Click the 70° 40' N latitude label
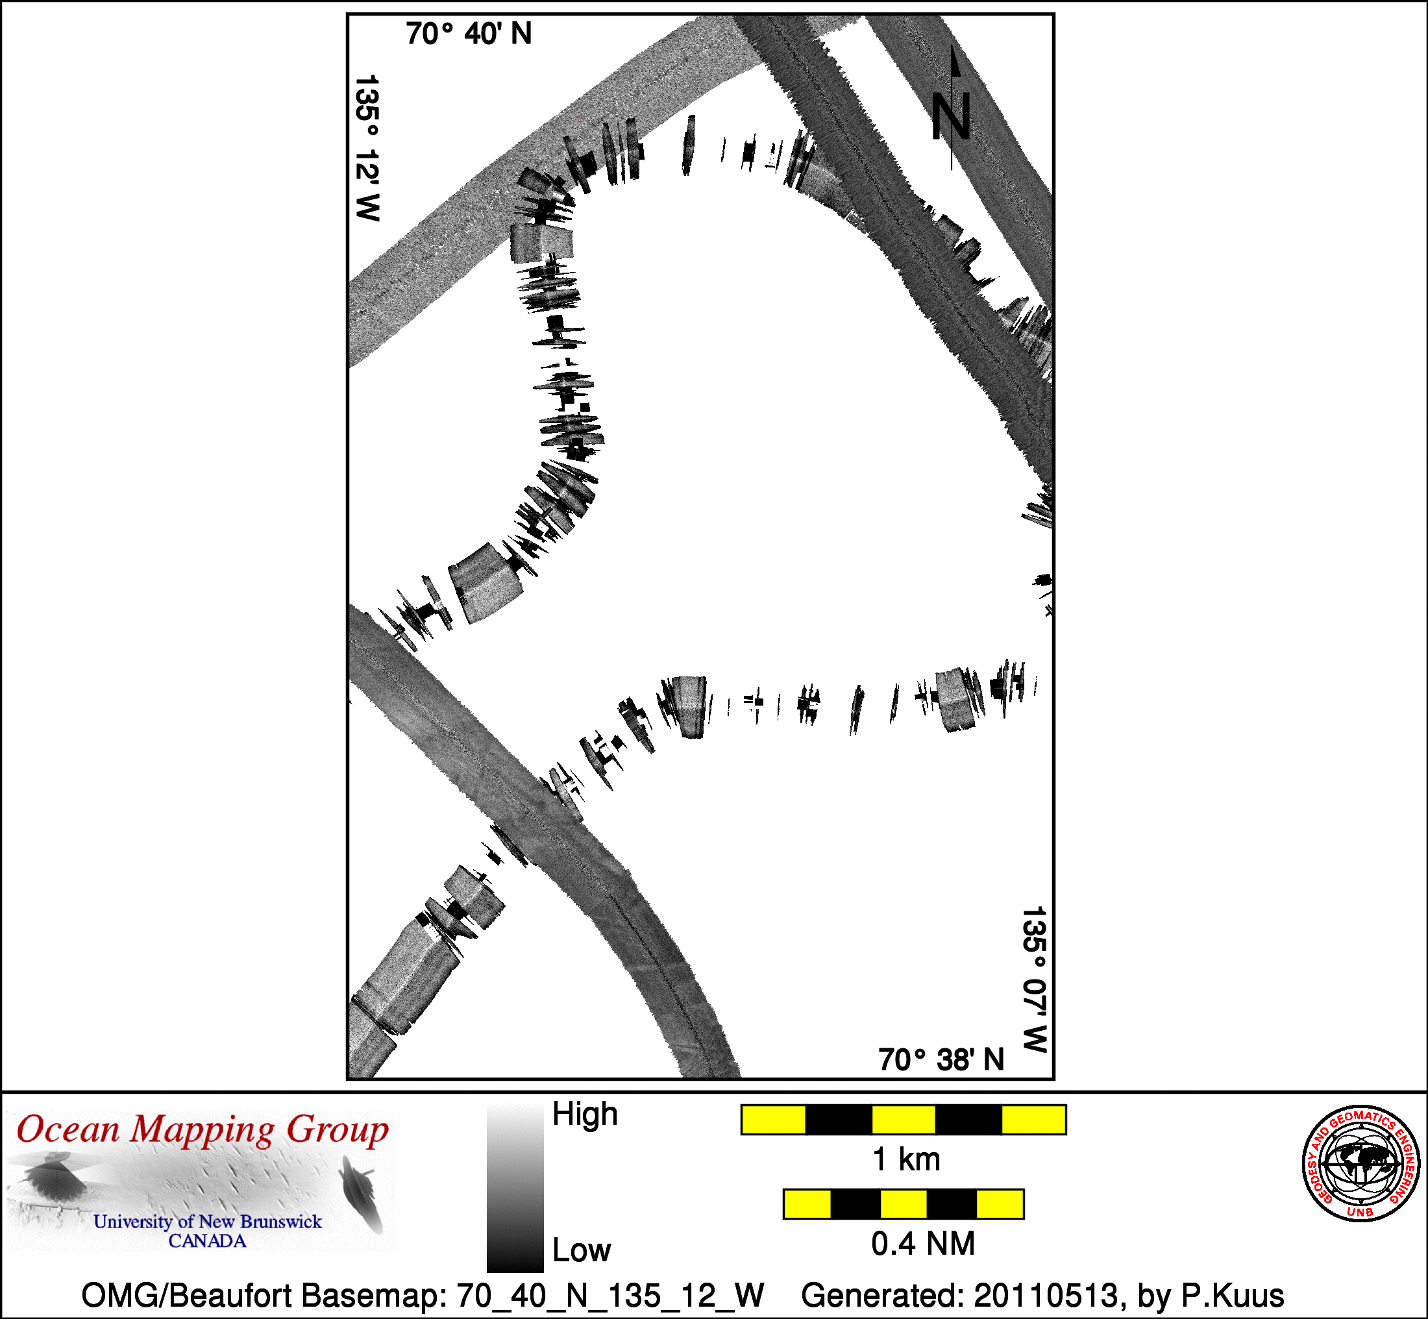[x=469, y=34]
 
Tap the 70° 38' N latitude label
[x=941, y=1060]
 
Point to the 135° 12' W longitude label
[x=367, y=149]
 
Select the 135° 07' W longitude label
[x=1034, y=980]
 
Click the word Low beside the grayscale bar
[x=582, y=1250]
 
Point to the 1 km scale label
[x=906, y=1159]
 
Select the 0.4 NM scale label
[x=923, y=1243]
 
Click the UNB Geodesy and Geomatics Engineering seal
[x=1361, y=1164]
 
